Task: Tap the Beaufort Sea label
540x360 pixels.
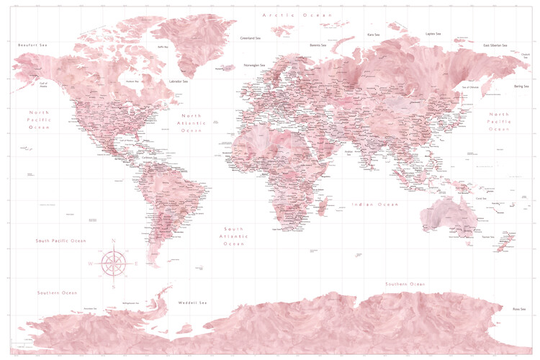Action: pos(32,45)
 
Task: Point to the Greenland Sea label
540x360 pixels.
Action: pos(251,38)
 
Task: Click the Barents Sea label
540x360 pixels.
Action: pos(318,45)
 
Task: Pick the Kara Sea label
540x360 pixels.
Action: pos(373,35)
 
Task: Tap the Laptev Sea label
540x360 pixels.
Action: pos(433,33)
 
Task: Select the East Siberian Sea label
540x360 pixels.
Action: pos(497,45)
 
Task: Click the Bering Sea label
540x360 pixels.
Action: pos(521,86)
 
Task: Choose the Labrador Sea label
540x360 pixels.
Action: pos(178,81)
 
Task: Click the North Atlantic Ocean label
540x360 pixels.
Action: pos(192,123)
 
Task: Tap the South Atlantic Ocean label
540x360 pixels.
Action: pos(234,236)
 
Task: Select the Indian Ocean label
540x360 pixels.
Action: pos(374,204)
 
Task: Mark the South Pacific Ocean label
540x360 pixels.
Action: pos(61,240)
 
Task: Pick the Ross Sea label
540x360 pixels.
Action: pos(518,309)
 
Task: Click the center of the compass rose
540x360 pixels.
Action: pos(113,264)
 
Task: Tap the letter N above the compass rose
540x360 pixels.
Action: pos(113,240)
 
